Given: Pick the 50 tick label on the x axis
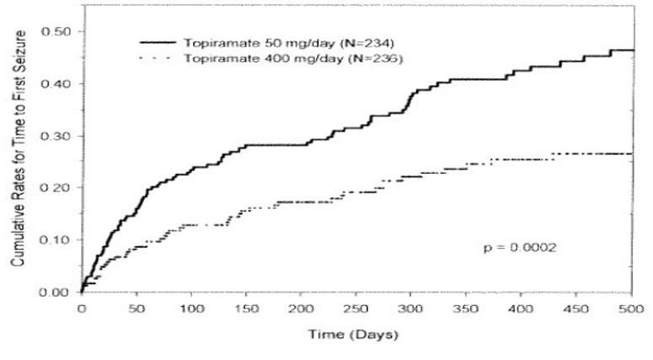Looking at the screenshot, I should point(136,308).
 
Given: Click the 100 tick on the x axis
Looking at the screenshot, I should point(190,308).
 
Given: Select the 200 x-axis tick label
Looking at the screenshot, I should point(301,308).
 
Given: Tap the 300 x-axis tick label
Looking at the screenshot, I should point(411,308).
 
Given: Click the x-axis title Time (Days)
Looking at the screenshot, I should point(355,334).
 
